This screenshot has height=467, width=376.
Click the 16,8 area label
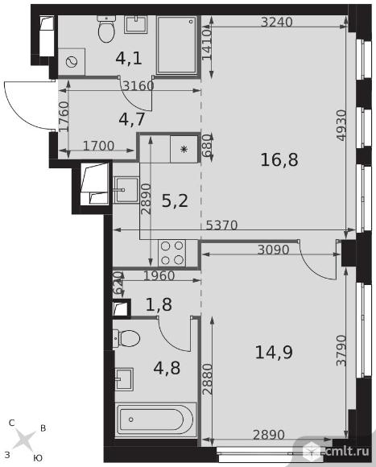[279, 159]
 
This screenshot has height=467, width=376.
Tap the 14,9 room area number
[274, 352]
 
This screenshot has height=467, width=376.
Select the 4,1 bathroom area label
[129, 58]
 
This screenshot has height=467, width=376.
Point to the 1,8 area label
[159, 304]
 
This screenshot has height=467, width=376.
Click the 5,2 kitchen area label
[175, 200]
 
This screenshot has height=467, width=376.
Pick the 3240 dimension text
[277, 22]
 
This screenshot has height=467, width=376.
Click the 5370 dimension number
[221, 225]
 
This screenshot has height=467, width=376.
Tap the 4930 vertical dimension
[341, 126]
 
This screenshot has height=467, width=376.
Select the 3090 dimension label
[273, 250]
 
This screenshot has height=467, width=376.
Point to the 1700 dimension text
[98, 146]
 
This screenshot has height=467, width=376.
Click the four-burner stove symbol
[172, 253]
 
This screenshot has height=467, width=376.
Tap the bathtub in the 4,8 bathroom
[155, 420]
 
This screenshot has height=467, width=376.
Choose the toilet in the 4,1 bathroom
[105, 29]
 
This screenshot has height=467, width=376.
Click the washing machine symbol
[72, 62]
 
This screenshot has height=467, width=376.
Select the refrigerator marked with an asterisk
[184, 149]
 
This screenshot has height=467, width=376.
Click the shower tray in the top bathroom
[176, 45]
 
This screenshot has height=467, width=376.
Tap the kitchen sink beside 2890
[126, 190]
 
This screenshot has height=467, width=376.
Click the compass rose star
[24, 440]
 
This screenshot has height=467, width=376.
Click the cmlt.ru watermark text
[347, 451]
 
